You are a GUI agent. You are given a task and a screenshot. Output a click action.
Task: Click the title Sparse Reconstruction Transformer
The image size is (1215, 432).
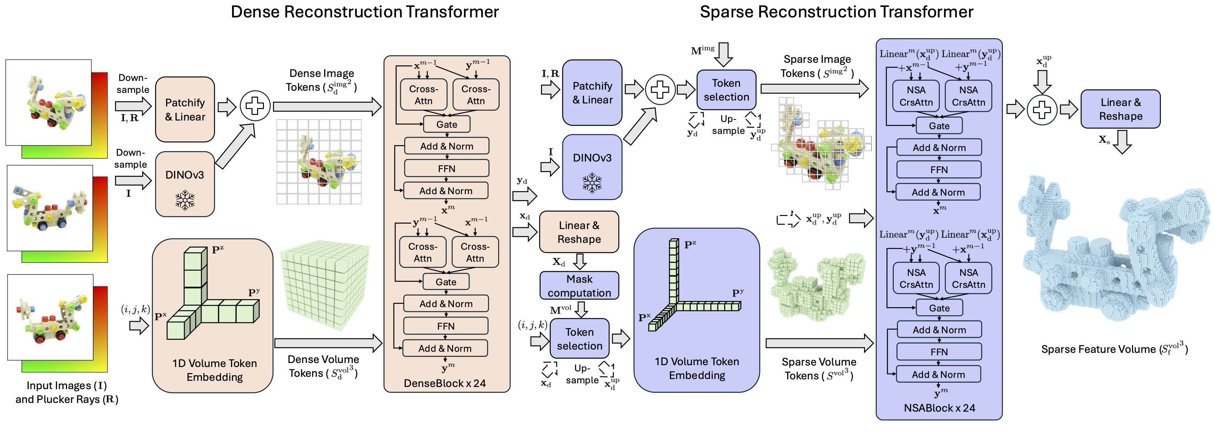pos(836,12)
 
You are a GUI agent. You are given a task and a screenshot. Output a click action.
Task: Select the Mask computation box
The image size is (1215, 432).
pos(579,286)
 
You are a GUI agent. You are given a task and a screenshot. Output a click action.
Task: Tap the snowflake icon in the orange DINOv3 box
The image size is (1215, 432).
pos(185,200)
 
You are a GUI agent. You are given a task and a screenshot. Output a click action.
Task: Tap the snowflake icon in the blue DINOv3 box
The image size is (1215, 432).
pos(592,183)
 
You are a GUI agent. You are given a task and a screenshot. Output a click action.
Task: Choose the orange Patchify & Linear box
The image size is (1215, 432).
pos(185,110)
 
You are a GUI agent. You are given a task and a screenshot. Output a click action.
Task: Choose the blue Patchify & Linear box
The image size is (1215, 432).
pos(592,93)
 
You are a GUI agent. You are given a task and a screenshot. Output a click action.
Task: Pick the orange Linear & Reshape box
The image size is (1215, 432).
pos(579,232)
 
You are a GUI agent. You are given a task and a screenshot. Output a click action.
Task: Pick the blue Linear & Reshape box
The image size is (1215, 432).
pos(1120,109)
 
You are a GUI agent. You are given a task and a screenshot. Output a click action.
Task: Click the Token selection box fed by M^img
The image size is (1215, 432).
pos(726,90)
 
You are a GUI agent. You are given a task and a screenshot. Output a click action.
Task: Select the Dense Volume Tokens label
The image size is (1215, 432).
pos(323,366)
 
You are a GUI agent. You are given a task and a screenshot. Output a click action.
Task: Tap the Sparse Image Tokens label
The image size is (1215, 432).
pos(817,66)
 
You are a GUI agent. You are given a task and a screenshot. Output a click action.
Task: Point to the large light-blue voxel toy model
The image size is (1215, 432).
pos(1113,250)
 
